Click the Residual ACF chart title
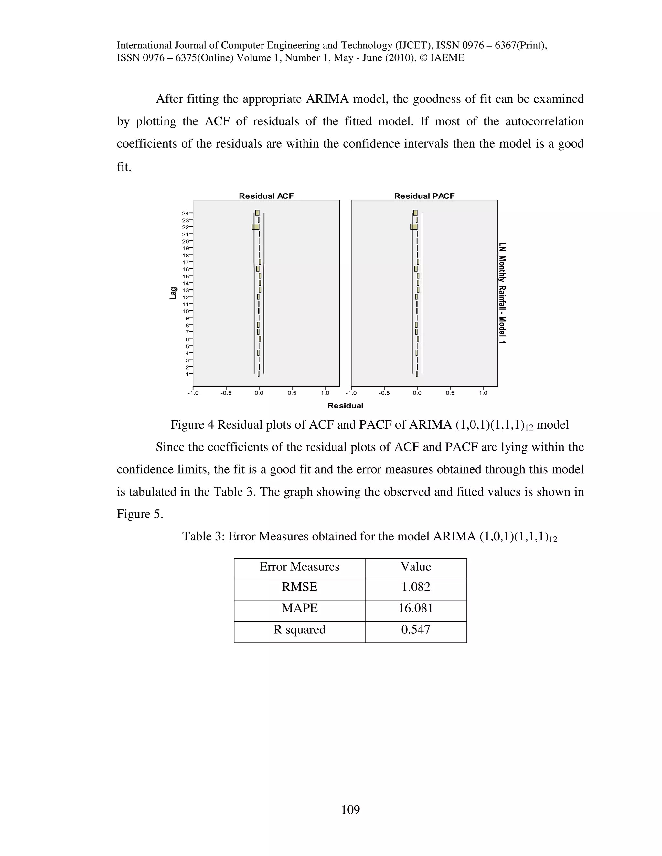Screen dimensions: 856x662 pos(266,196)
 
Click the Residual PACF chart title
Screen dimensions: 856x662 pos(424,196)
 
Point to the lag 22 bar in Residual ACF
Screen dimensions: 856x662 pos(256,227)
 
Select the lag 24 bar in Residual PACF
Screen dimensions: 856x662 pos(415,213)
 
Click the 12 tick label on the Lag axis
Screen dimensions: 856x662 pos(186,297)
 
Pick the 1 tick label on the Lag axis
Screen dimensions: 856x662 pos(187,374)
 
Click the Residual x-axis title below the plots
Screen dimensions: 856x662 pos(345,406)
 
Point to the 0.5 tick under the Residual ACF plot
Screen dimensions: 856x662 pos(292,393)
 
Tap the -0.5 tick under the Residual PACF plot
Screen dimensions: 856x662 pos(384,393)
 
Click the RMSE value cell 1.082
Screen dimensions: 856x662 pos(415,587)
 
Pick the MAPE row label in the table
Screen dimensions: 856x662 pos(299,608)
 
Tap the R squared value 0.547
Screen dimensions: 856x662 pos(415,630)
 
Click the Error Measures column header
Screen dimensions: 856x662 pos(299,567)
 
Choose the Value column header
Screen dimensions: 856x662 pos(415,567)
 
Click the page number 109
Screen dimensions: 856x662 pos(350,809)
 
